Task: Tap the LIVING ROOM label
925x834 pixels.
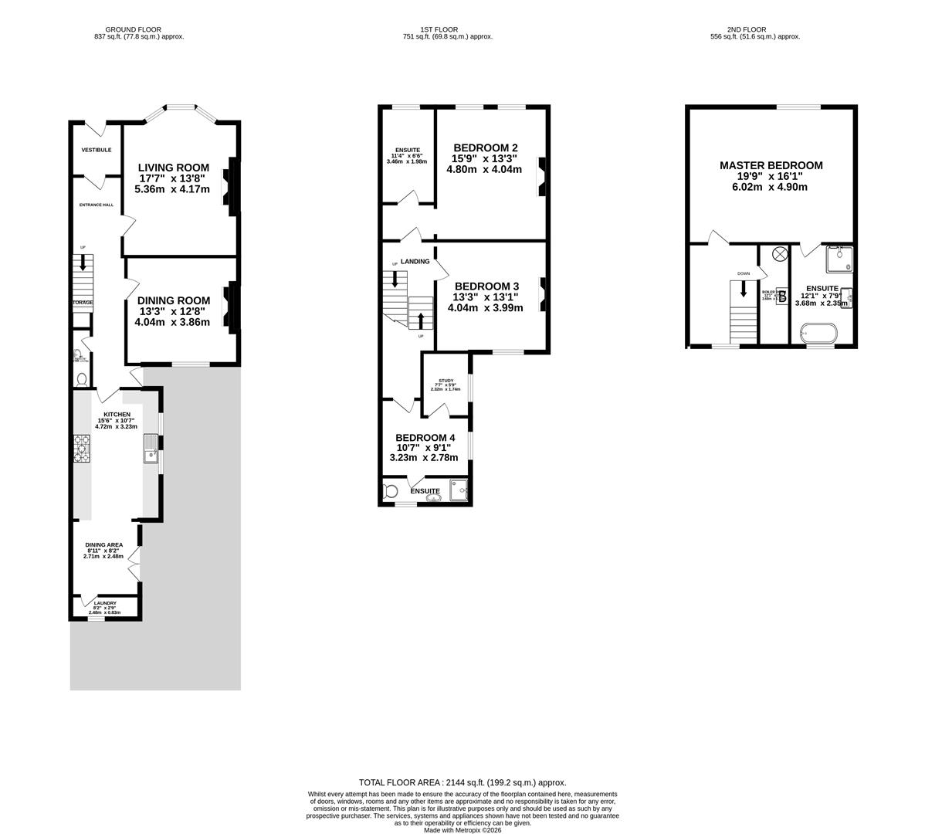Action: tap(173, 168)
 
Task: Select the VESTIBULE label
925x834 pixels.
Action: tap(97, 150)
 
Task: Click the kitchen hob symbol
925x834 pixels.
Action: tap(82, 446)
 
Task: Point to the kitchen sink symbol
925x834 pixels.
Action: tap(151, 449)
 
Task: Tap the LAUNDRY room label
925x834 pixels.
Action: tap(105, 603)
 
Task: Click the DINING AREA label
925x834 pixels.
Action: tap(104, 544)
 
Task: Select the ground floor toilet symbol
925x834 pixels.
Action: tap(82, 378)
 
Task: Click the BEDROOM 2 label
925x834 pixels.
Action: tap(486, 148)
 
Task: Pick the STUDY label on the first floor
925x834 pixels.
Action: tap(446, 381)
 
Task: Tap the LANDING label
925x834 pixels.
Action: tap(415, 262)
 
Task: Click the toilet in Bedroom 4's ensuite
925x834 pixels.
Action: tap(391, 491)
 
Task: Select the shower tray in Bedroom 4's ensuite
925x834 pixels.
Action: tap(459, 490)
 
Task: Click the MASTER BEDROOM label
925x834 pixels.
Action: tap(771, 165)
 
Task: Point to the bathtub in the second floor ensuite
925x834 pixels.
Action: tap(818, 334)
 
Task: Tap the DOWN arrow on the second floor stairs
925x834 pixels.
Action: tap(744, 289)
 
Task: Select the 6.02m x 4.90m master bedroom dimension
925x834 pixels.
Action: tap(771, 187)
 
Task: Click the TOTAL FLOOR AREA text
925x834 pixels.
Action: tap(462, 782)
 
